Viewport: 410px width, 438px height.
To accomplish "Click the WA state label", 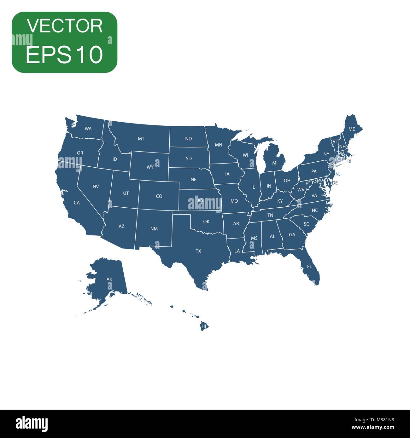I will [88, 129].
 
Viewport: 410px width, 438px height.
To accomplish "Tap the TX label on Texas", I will [198, 251].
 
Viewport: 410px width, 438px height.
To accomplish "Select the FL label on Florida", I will [309, 267].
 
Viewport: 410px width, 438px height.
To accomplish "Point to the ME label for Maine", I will [352, 129].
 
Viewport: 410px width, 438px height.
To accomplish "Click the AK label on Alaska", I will [109, 279].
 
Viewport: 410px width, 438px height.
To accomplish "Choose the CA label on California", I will [77, 203].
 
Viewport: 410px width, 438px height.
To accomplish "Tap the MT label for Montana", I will [141, 139].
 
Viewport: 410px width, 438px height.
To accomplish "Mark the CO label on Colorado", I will [159, 196].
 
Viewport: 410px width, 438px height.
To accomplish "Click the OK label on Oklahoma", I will [206, 222].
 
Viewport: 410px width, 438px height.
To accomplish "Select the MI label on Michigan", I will [275, 163].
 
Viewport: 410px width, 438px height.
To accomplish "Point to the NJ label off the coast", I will [338, 174].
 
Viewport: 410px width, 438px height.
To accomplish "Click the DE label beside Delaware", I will [335, 183].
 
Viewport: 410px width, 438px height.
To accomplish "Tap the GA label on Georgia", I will [292, 235].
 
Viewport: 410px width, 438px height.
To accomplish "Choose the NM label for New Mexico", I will [154, 229].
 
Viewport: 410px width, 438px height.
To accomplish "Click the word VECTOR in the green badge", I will [65, 26].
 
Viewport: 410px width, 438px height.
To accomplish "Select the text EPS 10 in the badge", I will [64, 55].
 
